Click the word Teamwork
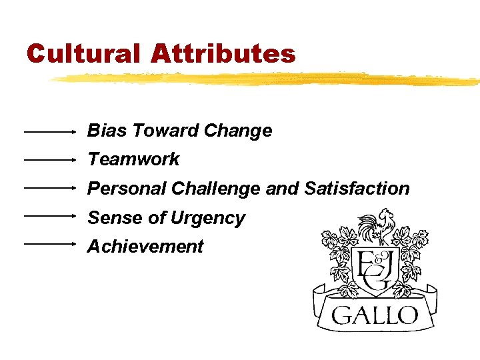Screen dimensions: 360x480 pyautogui.click(x=133, y=159)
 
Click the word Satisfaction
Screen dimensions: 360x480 pyautogui.click(x=357, y=189)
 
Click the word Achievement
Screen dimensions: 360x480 pyautogui.click(x=145, y=247)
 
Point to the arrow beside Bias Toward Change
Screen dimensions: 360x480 pyautogui.click(x=50, y=132)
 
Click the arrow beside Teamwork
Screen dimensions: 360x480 pyautogui.click(x=50, y=160)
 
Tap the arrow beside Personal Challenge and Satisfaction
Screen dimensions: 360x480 pyautogui.click(x=50, y=188)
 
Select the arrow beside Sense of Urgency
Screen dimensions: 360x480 pyautogui.click(x=50, y=216)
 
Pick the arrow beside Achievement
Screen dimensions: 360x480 pyautogui.click(x=50, y=244)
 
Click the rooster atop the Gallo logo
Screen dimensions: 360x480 pyautogui.click(x=377, y=227)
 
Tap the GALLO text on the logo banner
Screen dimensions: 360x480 pyautogui.click(x=375, y=314)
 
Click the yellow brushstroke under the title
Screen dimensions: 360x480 pyautogui.click(x=267, y=78)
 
